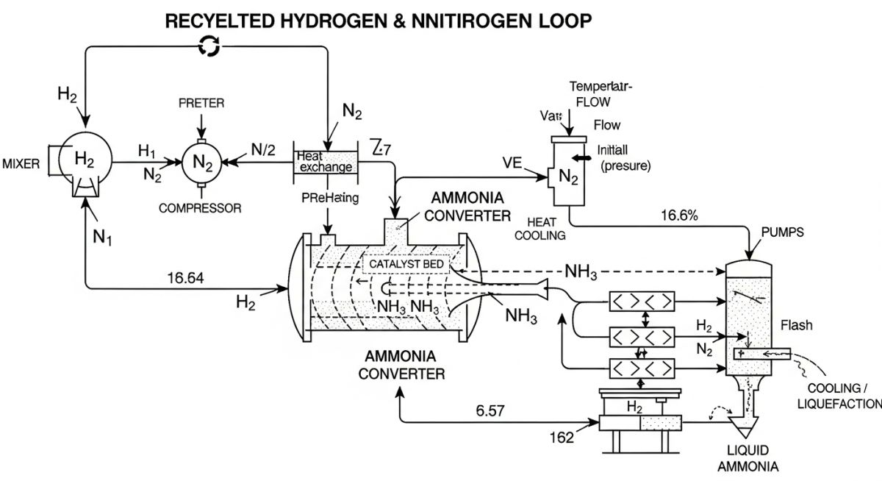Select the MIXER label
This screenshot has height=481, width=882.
(x=21, y=163)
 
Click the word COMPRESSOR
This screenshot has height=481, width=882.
(x=200, y=208)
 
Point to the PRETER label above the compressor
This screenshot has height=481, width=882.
(x=201, y=104)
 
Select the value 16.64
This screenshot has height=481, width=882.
(x=185, y=278)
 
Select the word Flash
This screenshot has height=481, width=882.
(x=797, y=325)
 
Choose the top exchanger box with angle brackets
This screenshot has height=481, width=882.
(x=642, y=302)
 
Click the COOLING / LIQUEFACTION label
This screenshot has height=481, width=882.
(x=842, y=395)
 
